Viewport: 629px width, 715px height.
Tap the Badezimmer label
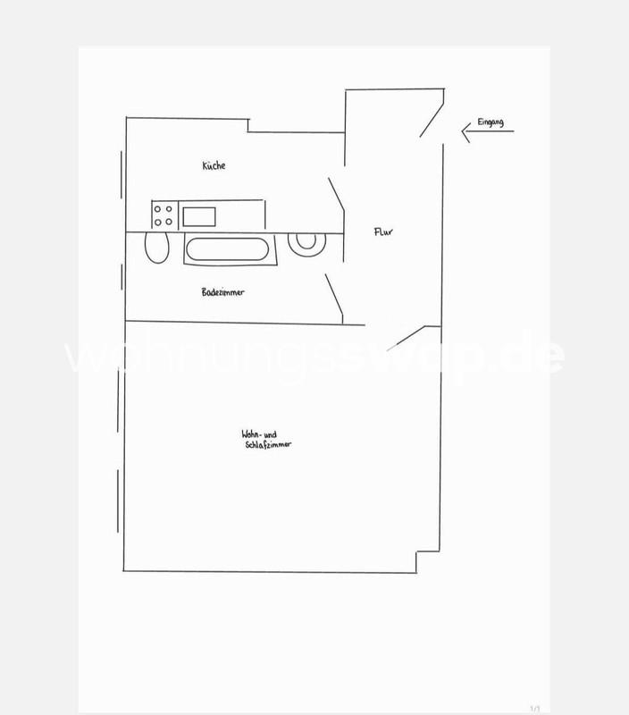223,292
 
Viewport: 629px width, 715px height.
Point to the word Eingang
491,122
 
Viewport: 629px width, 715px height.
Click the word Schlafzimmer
268,445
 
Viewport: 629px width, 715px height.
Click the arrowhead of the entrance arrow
465,132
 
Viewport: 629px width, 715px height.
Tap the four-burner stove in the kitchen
164,215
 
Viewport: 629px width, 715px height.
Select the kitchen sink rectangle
199,215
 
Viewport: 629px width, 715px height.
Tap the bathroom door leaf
334,297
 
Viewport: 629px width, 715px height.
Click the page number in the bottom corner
534,708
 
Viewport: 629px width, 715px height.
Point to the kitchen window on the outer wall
118,179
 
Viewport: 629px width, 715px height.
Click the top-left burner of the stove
158,209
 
